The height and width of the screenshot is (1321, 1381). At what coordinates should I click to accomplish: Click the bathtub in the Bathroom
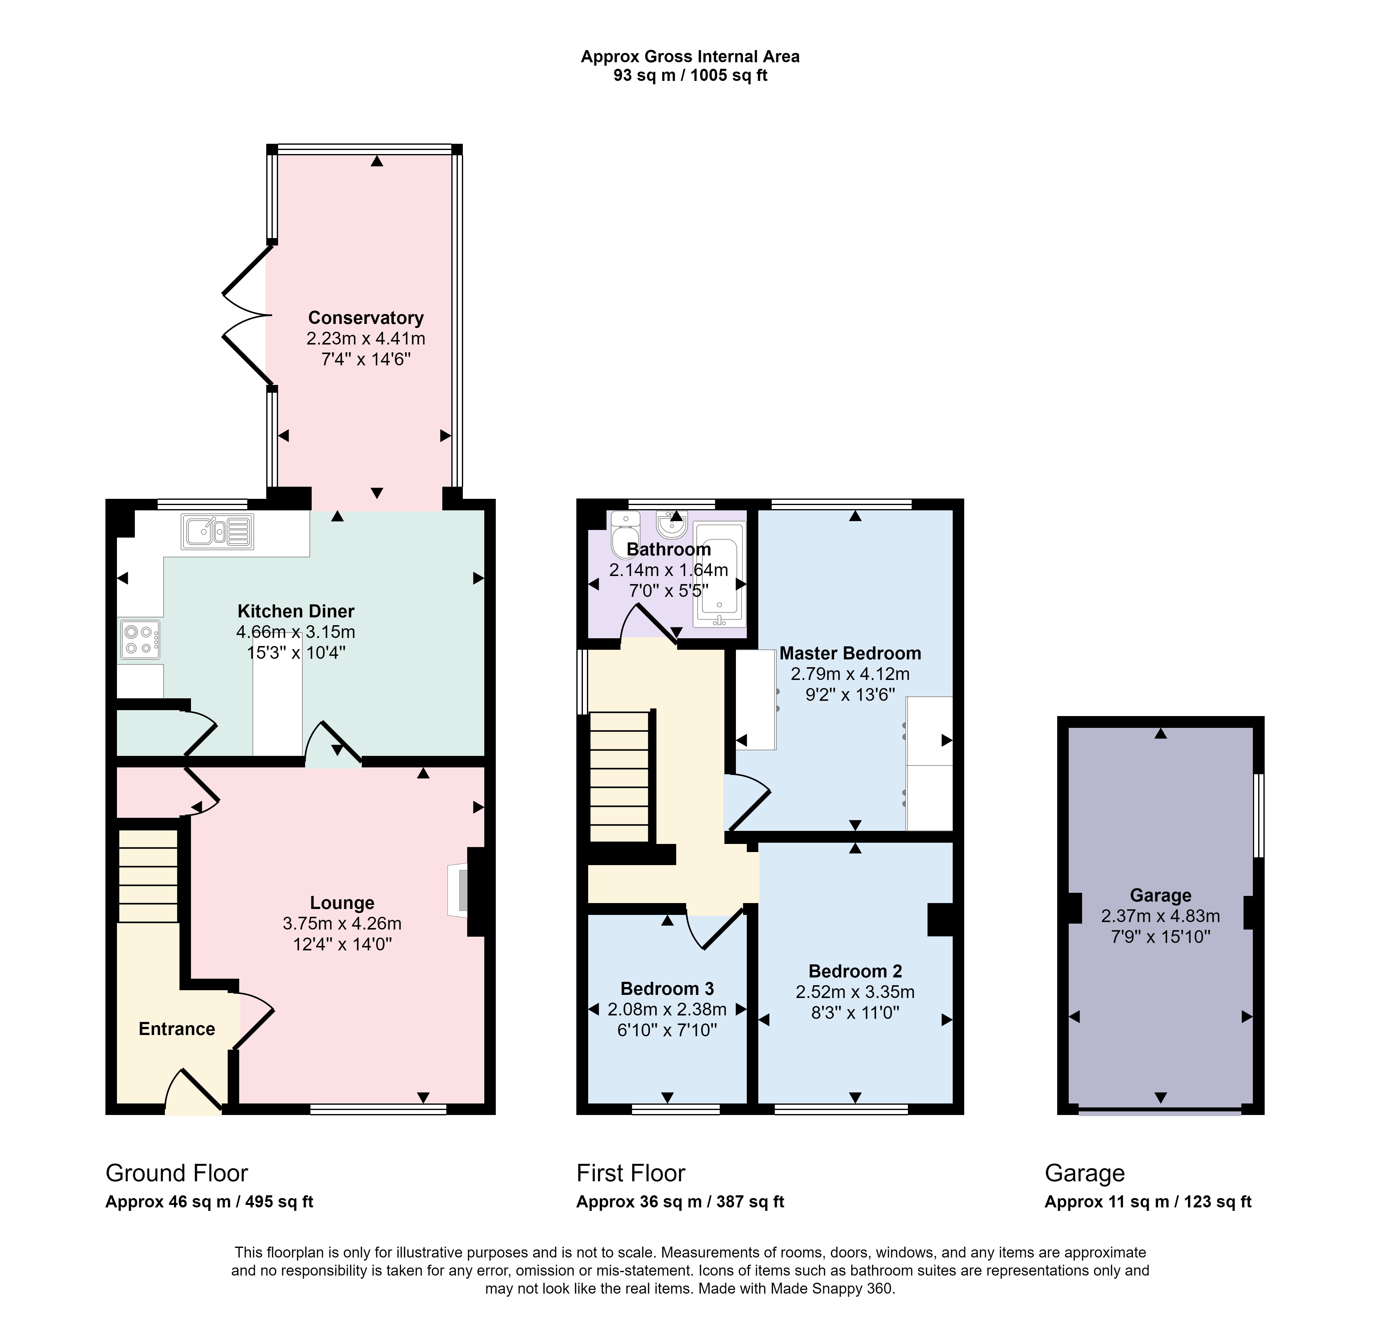(x=719, y=574)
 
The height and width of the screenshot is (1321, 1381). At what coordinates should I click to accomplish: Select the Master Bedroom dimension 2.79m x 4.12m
(x=849, y=674)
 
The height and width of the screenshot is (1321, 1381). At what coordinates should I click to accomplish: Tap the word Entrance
(x=177, y=1029)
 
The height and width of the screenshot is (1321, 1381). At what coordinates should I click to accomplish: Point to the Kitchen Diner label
(x=295, y=611)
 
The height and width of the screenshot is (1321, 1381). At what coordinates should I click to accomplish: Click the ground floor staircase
(x=148, y=875)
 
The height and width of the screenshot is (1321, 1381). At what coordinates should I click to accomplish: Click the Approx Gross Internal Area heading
(x=690, y=56)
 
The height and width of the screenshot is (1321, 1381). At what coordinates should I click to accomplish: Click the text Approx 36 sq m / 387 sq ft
(x=680, y=1202)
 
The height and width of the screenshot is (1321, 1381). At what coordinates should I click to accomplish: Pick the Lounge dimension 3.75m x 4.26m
(x=342, y=923)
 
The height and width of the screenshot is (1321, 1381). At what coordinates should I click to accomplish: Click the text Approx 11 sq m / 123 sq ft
(x=1148, y=1202)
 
